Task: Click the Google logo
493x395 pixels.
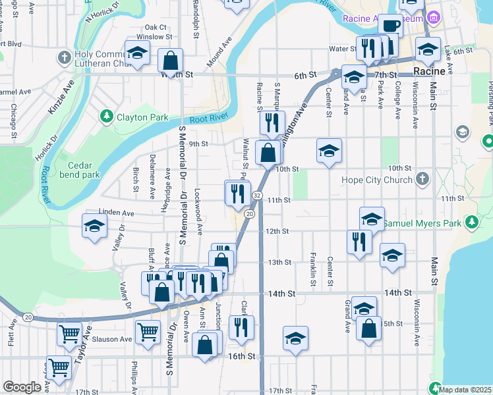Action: (22, 387)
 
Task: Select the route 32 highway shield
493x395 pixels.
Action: (257, 196)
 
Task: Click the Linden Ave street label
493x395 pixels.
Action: (116, 213)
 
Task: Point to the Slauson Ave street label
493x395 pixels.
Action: (112, 339)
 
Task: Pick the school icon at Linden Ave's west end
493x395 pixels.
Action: (95, 226)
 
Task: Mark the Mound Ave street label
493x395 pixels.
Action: (220, 51)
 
